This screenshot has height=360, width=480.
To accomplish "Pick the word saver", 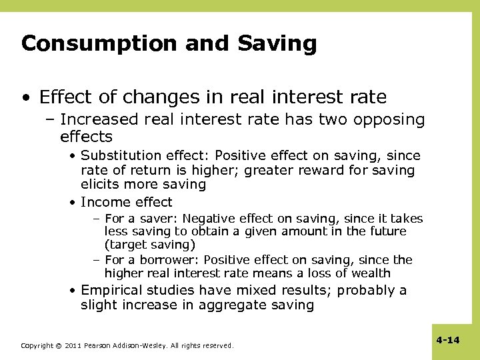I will tap(161, 219).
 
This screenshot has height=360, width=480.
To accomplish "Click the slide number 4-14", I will tap(448, 340).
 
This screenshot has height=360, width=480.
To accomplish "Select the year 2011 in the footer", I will tap(73, 346).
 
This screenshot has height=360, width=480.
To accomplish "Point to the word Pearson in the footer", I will tap(98, 346).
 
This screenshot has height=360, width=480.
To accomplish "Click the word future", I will tap(385, 231).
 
